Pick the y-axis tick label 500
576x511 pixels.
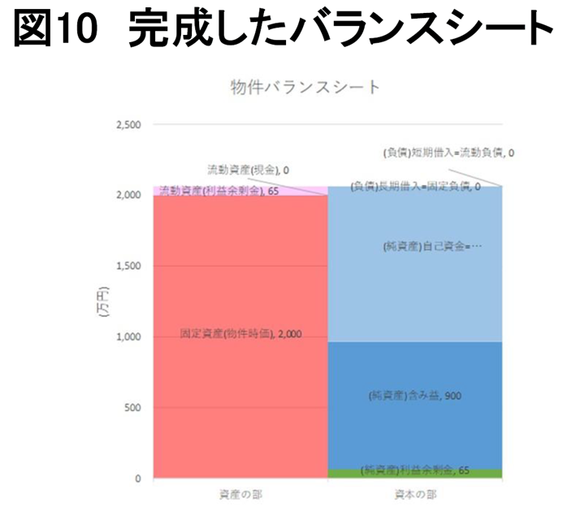pos(132,408)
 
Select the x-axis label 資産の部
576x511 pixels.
pos(240,493)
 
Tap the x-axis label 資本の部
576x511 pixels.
pos(415,493)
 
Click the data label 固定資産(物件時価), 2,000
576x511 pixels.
pos(240,333)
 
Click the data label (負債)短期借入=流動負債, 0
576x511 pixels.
pos(448,152)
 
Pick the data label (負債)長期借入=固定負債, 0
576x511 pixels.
pos(416,187)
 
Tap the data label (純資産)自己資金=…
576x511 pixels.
pos(431,245)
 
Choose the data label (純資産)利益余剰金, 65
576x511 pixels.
pos(416,470)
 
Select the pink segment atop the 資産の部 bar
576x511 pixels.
pos(309,190)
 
